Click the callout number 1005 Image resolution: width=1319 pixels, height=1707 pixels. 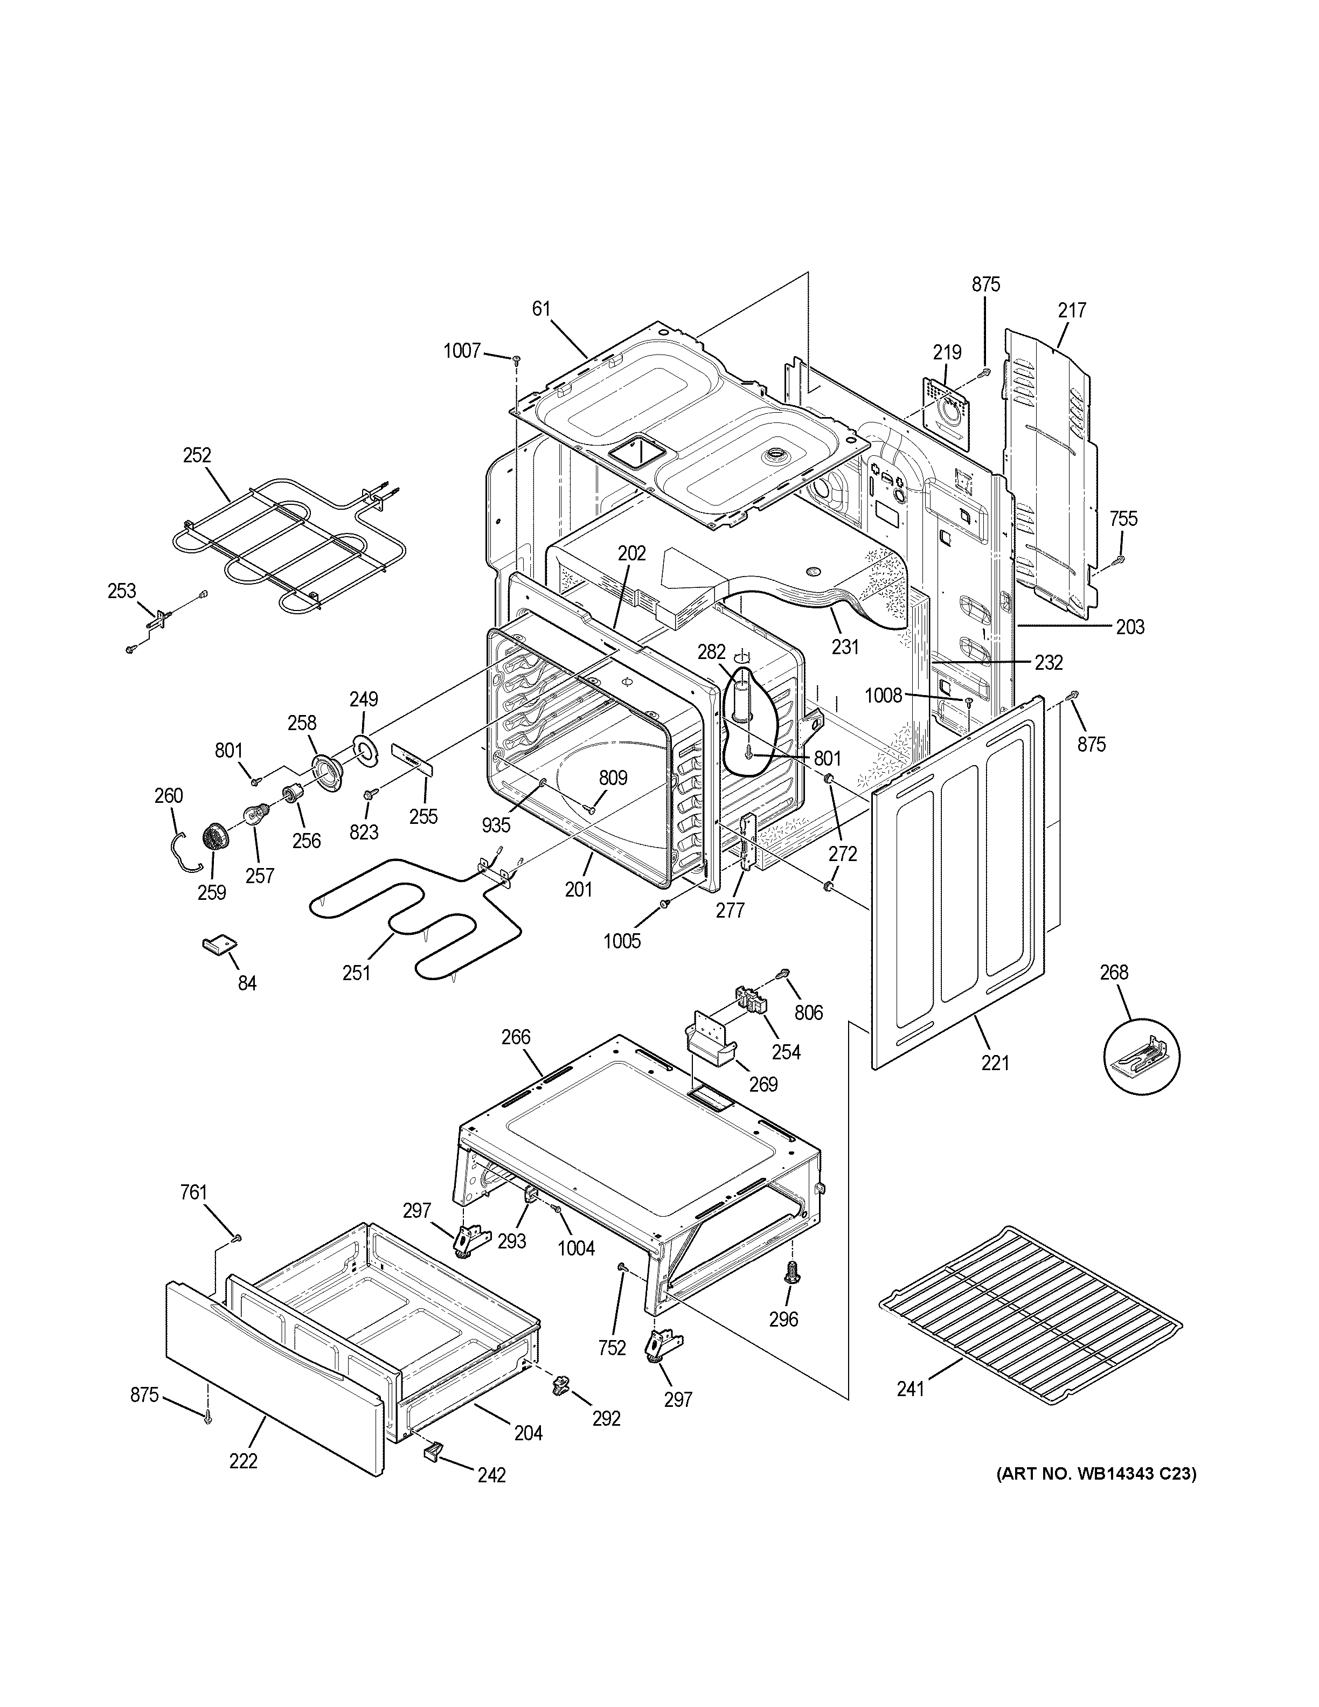tap(622, 940)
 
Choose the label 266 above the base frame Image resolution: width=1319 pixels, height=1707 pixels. tap(516, 1037)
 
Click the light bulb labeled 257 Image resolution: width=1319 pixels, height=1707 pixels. tap(256, 817)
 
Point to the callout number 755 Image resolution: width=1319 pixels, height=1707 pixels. tap(1123, 518)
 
